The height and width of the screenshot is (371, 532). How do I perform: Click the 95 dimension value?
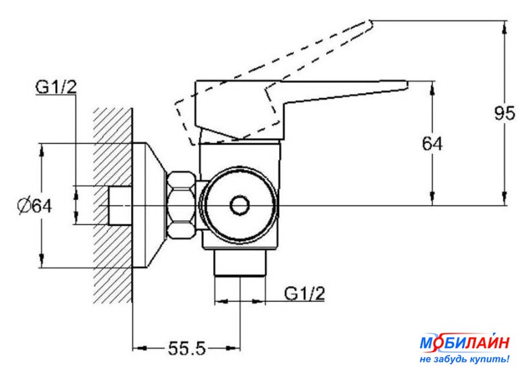coord(504,114)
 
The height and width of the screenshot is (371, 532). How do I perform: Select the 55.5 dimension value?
coord(187,348)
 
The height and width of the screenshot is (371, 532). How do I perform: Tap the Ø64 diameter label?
coord(34,206)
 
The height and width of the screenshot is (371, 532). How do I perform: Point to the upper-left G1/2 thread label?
coord(56,87)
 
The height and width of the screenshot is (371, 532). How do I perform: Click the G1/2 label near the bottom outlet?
coord(305,293)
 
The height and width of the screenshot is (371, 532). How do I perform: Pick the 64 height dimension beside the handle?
coord(432,144)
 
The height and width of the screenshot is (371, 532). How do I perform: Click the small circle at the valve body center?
coord(239,206)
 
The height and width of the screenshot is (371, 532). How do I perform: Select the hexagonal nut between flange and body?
coord(182,205)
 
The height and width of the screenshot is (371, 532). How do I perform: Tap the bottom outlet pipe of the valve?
coord(239,263)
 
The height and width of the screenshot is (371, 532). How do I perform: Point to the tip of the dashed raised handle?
coord(371,23)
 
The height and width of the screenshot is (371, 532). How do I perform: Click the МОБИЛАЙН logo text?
coord(465,343)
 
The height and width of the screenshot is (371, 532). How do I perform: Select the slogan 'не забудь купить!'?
coord(465,359)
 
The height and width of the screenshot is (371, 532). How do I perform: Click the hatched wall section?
coord(112,206)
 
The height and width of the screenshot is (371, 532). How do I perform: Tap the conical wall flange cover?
coord(149,206)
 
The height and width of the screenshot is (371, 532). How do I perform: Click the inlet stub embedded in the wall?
coord(120,206)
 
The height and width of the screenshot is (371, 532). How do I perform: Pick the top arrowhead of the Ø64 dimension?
coord(42,150)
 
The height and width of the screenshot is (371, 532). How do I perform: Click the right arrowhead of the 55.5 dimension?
coord(233,348)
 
